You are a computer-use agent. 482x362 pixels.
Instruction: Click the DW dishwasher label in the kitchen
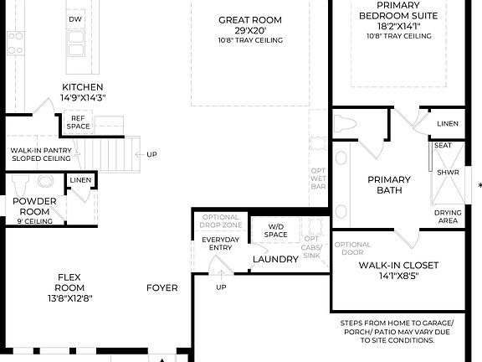(75, 18)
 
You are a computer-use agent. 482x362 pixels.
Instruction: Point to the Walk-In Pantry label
(39, 154)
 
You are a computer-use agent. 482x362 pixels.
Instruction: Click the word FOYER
(162, 287)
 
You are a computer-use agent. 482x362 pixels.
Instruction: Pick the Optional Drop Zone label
(221, 222)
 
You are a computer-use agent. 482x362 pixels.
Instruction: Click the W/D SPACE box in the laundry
(276, 230)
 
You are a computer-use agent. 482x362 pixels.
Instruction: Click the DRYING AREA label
(447, 217)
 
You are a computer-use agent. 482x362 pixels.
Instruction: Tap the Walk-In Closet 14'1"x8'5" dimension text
(397, 276)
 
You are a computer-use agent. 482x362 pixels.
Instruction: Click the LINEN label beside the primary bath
(447, 123)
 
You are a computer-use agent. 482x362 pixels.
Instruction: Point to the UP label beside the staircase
(151, 154)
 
